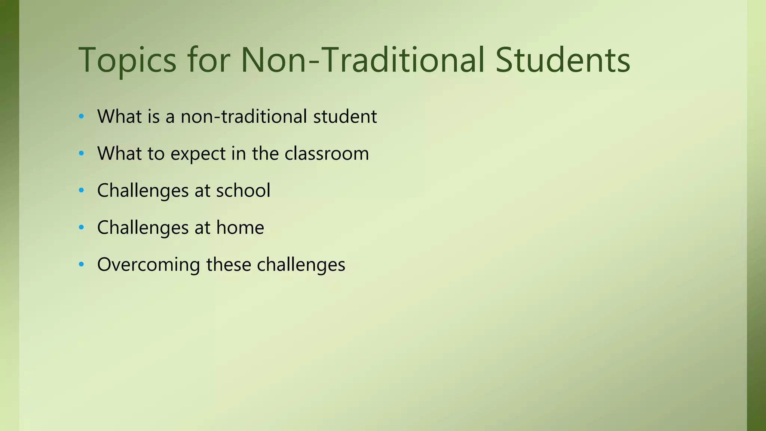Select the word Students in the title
[563, 60]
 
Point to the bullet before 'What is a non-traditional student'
[82, 116]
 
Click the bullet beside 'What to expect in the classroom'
[82, 153]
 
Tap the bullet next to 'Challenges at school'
[82, 190]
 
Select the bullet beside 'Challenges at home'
[82, 227]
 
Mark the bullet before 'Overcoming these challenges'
[82, 265]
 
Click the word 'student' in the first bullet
[345, 117]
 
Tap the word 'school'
[243, 190]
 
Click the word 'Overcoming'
[148, 265]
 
